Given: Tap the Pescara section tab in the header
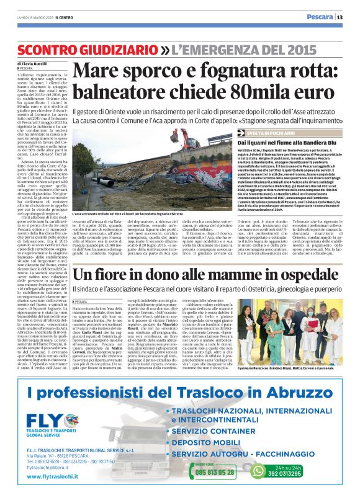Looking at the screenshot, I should point(319,17).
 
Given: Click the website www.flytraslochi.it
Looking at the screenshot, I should point(61,477).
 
